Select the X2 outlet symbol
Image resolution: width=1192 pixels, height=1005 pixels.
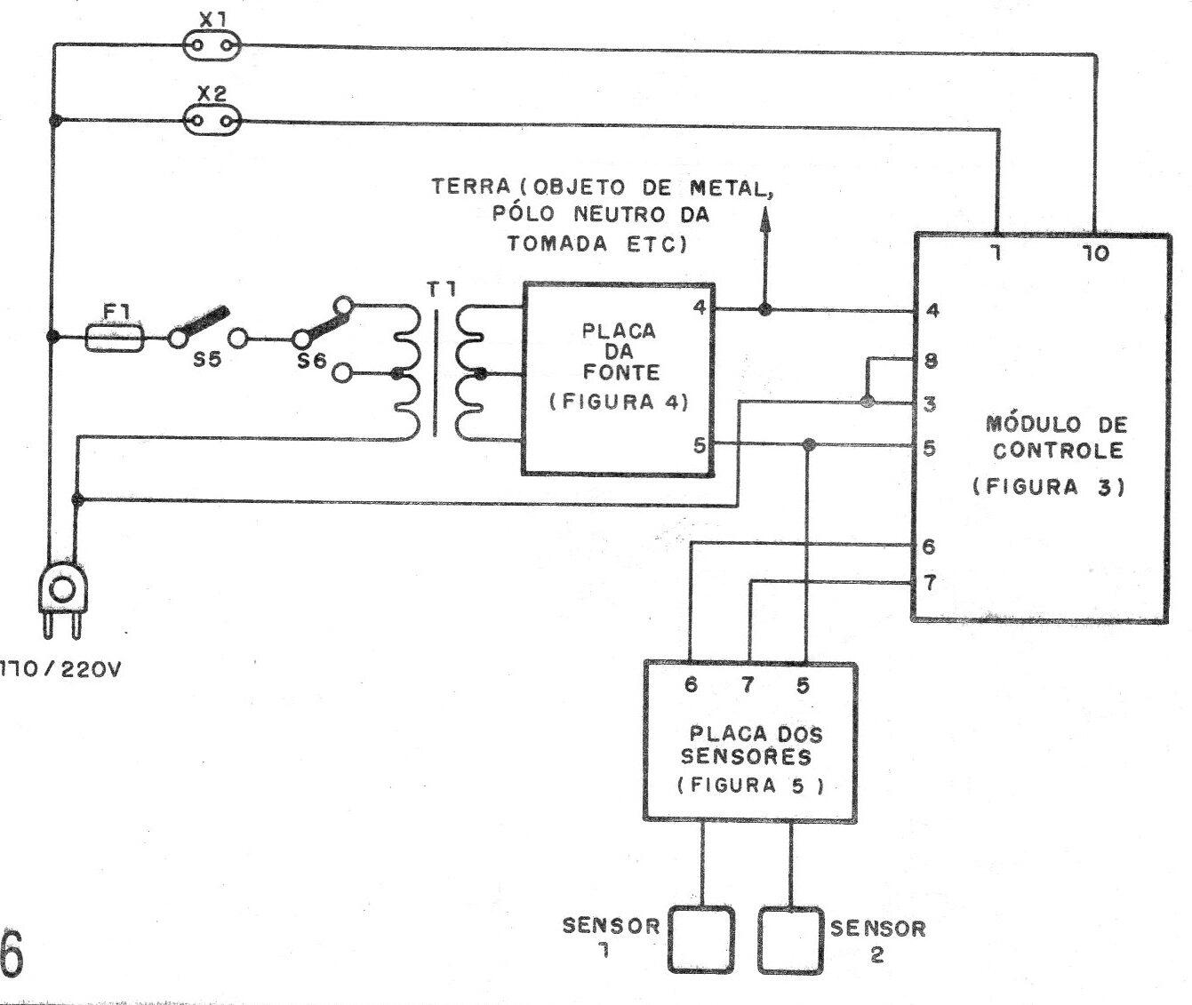click(212, 120)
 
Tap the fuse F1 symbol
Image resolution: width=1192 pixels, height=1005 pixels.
click(116, 338)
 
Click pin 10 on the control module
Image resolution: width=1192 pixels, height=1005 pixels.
click(1096, 254)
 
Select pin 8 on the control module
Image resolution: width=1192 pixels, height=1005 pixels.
click(931, 361)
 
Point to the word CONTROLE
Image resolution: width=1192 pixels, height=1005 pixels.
click(1058, 450)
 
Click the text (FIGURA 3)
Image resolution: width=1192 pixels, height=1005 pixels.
click(1049, 487)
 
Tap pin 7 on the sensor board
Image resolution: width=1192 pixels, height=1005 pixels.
click(748, 685)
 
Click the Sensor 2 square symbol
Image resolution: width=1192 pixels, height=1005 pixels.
click(789, 940)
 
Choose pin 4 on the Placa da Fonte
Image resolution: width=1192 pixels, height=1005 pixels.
click(700, 308)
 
